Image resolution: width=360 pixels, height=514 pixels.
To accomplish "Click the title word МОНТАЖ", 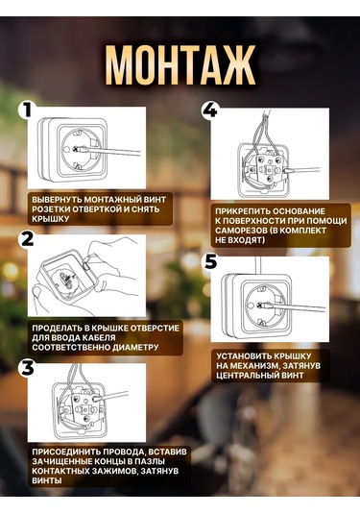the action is point(180,65).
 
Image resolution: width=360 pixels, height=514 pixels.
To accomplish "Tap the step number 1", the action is point(26,110).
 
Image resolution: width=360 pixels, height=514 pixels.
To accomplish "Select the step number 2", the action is point(27,238).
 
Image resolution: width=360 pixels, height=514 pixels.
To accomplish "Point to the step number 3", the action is point(27,367).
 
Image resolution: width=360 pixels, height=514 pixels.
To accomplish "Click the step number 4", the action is point(210,110).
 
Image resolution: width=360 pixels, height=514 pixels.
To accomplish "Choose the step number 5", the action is point(210,261).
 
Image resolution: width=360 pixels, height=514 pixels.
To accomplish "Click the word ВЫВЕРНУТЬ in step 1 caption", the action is point(57,200).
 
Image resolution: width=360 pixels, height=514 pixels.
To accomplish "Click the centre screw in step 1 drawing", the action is point(78,149).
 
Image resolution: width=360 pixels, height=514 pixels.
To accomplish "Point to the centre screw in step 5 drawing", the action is point(261,305).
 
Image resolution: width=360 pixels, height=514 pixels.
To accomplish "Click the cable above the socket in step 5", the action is point(258,265).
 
